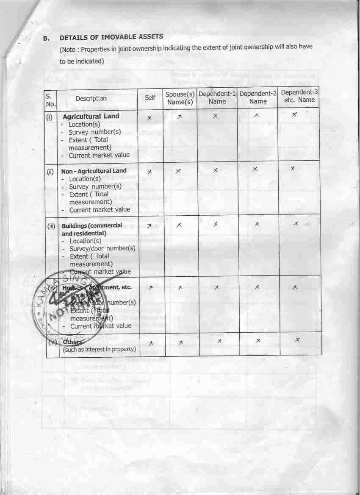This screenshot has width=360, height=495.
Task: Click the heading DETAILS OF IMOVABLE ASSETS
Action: [111, 37]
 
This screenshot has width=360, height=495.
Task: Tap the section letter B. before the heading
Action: [47, 38]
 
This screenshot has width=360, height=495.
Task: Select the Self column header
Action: [150, 98]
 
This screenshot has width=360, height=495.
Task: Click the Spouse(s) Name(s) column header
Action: [180, 98]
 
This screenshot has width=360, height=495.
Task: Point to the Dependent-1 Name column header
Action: [217, 97]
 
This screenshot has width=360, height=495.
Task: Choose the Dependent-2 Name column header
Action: [258, 97]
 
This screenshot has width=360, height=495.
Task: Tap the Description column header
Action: [91, 98]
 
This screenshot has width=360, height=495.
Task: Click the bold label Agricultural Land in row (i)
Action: [91, 116]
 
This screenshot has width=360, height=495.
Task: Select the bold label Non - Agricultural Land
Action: [94, 171]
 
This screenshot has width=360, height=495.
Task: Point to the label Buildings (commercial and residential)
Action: [92, 229]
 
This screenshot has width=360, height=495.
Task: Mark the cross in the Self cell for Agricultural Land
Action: [149, 118]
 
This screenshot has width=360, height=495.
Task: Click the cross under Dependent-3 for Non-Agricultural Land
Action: [293, 169]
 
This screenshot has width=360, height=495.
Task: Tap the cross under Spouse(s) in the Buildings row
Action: [180, 225]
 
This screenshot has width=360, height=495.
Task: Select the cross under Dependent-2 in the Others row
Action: [258, 341]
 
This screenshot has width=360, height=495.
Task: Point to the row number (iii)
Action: [51, 226]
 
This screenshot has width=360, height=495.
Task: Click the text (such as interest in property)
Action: [100, 350]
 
